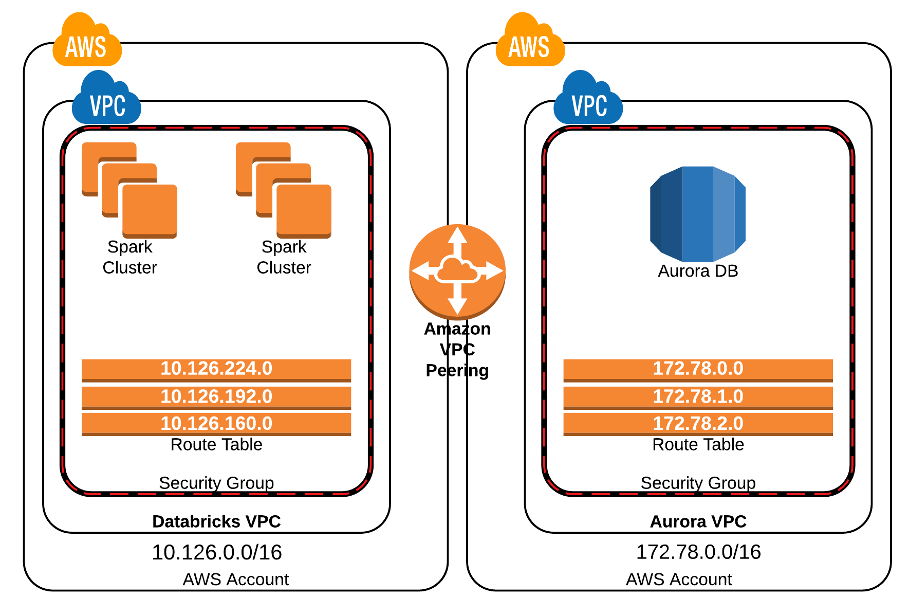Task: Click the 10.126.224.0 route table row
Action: click(x=216, y=369)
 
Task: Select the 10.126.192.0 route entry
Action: click(x=216, y=397)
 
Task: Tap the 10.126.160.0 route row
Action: click(x=216, y=424)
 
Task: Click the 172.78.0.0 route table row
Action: click(x=698, y=369)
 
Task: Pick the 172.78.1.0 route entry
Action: click(x=698, y=397)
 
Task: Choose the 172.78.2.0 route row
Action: click(x=698, y=424)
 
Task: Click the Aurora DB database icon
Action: click(x=697, y=213)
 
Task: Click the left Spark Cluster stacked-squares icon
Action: click(x=129, y=190)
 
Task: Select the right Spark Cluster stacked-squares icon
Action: click(x=284, y=190)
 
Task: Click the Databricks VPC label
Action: click(x=216, y=521)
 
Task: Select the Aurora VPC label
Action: click(x=698, y=521)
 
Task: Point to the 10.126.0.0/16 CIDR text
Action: click(x=216, y=553)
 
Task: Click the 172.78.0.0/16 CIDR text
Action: click(x=698, y=552)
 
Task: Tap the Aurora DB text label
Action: click(x=698, y=271)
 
